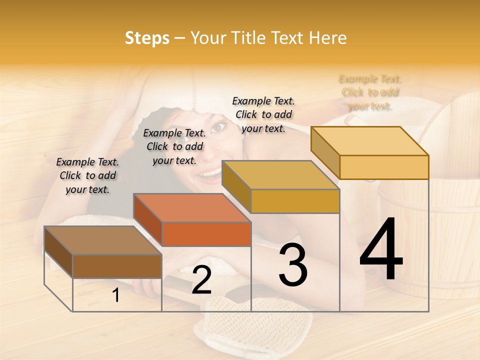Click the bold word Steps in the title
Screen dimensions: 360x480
click(x=147, y=38)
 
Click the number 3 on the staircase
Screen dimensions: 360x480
click(x=293, y=265)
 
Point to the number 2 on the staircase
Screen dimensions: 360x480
click(x=201, y=280)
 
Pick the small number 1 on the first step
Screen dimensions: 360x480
click(x=116, y=295)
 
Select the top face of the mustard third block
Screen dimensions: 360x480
click(x=280, y=175)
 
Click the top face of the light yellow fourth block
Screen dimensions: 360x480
click(x=370, y=141)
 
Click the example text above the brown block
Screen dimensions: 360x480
click(x=87, y=175)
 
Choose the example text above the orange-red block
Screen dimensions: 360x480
click(x=174, y=146)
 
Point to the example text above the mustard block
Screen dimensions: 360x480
click(x=263, y=114)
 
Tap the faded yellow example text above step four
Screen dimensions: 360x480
click(x=370, y=92)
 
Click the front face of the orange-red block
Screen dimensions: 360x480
click(x=206, y=234)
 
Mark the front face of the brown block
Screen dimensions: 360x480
click(x=117, y=266)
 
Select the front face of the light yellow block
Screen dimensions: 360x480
click(x=384, y=167)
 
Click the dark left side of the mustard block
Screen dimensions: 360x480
click(x=236, y=186)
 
